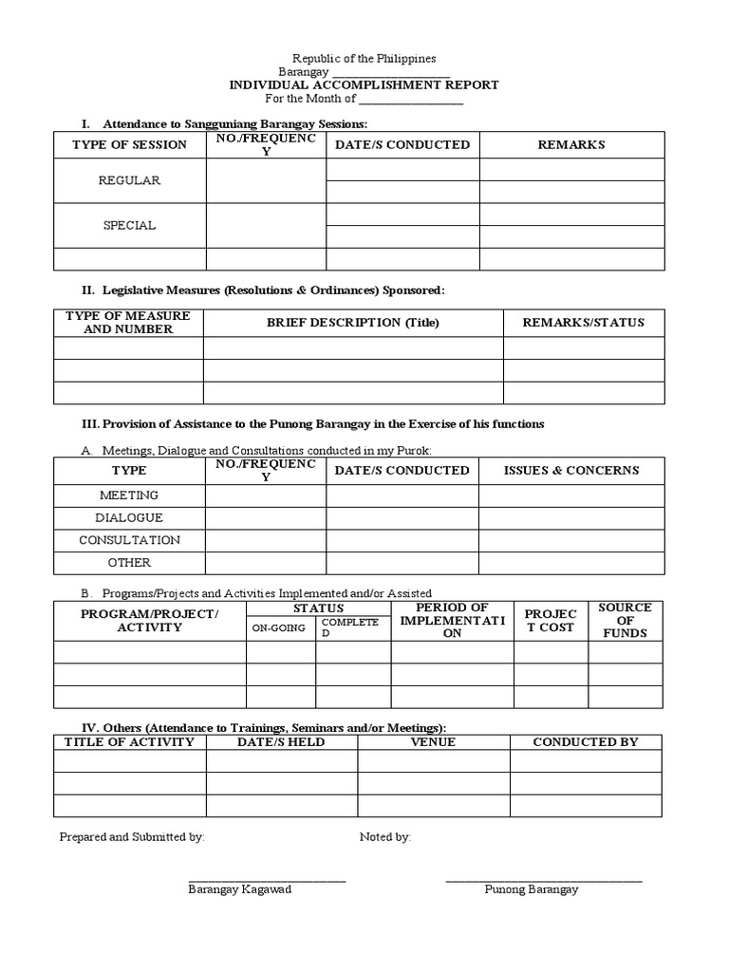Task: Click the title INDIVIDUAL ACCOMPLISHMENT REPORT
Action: tap(364, 84)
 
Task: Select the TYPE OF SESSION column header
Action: tap(129, 145)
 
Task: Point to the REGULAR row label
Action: tap(129, 180)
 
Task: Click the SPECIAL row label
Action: tap(129, 226)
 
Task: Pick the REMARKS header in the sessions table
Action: tap(570, 145)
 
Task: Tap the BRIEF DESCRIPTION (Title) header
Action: tap(353, 323)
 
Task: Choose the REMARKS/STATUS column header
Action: tap(583, 323)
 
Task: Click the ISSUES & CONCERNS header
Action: tap(570, 471)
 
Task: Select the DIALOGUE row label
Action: tap(129, 518)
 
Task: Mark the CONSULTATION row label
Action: tap(129, 540)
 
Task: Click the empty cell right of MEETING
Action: tap(266, 495)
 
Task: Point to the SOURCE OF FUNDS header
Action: tap(625, 620)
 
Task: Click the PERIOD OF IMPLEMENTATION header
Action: tap(452, 620)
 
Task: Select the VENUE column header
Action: tap(433, 742)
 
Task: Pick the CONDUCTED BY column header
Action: tap(586, 742)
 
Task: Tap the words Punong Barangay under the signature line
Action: tap(531, 890)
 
